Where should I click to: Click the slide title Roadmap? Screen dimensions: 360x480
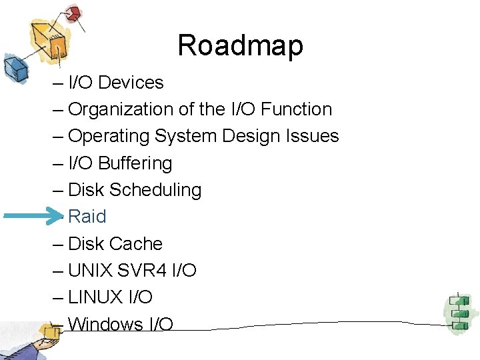240,45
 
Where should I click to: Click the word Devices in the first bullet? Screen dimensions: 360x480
131,83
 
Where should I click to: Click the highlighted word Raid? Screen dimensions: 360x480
87,217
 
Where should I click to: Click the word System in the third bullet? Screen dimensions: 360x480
185,136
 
